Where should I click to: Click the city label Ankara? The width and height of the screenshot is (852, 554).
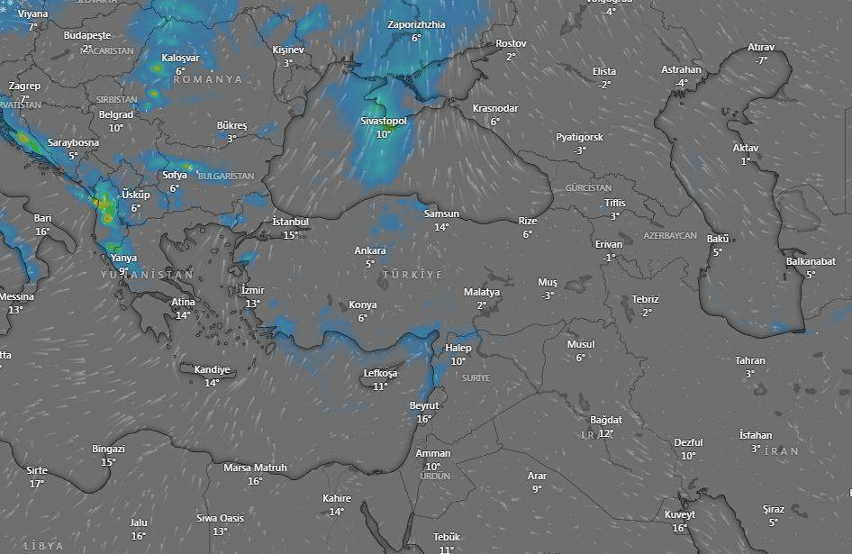[x=370, y=250]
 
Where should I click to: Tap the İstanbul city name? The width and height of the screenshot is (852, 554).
[x=290, y=222]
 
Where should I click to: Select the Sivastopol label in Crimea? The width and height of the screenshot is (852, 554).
[x=384, y=121]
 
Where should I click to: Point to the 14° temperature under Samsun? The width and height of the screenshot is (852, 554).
[x=441, y=227]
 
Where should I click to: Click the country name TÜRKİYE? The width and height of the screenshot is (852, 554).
[x=412, y=274]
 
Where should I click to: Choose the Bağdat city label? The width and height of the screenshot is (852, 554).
[x=605, y=420]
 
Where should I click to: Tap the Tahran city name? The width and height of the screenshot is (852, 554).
[x=749, y=360]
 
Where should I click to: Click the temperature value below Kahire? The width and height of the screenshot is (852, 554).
[x=336, y=512]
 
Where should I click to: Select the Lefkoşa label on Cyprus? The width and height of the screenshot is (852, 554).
[x=379, y=373]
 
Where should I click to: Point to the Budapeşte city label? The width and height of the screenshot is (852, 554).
[x=86, y=35]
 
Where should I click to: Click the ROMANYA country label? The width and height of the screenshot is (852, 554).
[x=207, y=79]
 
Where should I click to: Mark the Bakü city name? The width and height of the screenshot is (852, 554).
[x=717, y=239]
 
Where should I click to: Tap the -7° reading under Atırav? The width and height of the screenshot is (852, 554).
[x=761, y=60]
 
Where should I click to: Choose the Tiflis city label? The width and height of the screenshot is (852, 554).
[x=614, y=203]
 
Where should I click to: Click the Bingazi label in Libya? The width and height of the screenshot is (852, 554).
[x=108, y=449]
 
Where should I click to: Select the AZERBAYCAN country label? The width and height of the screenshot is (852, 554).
[x=670, y=235]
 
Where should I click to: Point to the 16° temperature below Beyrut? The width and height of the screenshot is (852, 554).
[x=424, y=419]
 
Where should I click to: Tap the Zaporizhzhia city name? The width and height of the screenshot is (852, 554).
[x=416, y=24]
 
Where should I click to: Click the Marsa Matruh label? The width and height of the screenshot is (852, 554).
[x=255, y=468]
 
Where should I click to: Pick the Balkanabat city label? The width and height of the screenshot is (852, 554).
[x=811, y=261]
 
